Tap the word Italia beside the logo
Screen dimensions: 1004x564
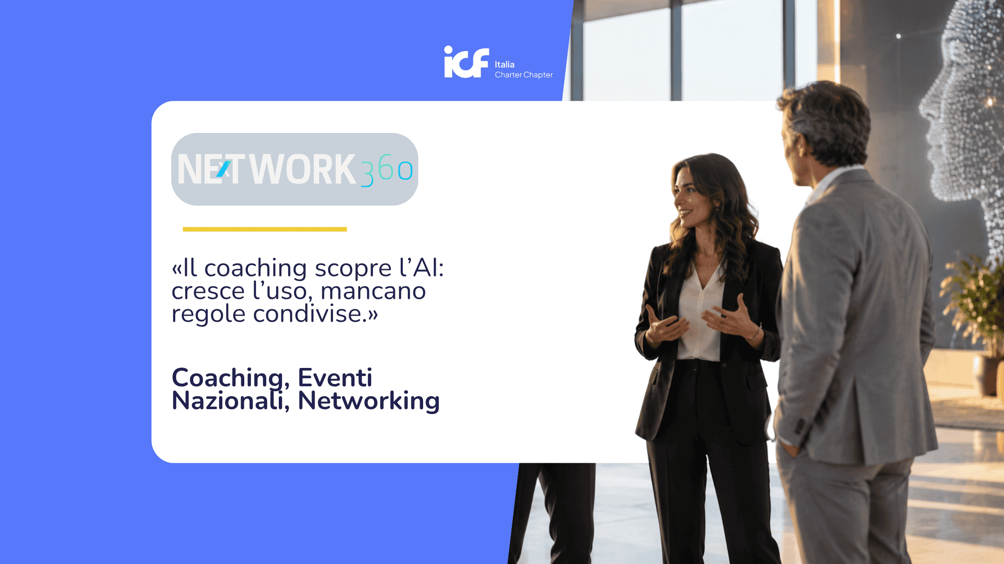(505, 64)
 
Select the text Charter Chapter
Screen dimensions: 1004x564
(524, 75)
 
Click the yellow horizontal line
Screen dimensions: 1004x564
(265, 229)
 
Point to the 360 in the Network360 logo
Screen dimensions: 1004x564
(387, 170)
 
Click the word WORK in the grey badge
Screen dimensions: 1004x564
(302, 169)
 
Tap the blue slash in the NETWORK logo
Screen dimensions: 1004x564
(223, 169)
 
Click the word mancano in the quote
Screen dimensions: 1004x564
(373, 291)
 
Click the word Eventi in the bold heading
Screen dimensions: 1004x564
(335, 377)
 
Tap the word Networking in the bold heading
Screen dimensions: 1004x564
(368, 401)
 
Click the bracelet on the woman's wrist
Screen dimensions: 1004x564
(756, 333)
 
